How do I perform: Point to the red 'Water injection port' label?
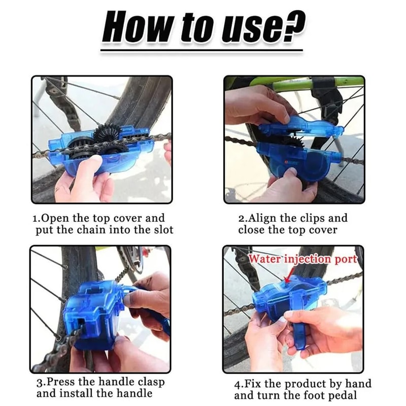click(303, 259)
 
